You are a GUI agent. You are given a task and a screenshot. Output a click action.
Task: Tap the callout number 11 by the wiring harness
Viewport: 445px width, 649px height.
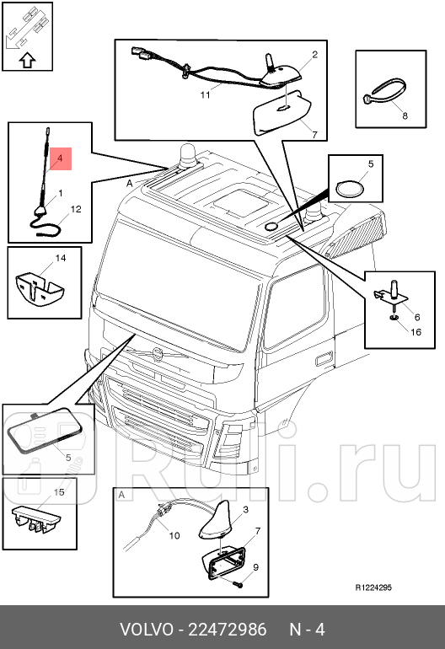pos(205,94)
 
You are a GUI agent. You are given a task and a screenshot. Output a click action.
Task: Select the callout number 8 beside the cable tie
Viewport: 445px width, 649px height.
pos(404,115)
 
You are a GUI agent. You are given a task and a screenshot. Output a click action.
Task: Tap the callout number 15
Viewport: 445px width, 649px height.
pos(59,491)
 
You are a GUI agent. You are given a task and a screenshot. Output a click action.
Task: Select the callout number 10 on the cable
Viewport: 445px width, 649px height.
pos(174,534)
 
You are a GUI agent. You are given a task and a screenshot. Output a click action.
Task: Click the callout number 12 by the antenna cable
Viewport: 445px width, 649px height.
pos(75,209)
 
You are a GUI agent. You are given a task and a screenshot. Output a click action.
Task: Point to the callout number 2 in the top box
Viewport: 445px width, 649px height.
pos(314,54)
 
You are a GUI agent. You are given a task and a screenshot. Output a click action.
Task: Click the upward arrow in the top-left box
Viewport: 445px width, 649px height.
pos(26,60)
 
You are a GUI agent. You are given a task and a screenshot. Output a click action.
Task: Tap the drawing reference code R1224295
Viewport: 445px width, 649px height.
pos(373,587)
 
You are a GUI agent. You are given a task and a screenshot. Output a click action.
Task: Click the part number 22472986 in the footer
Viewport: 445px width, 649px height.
pos(228,630)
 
